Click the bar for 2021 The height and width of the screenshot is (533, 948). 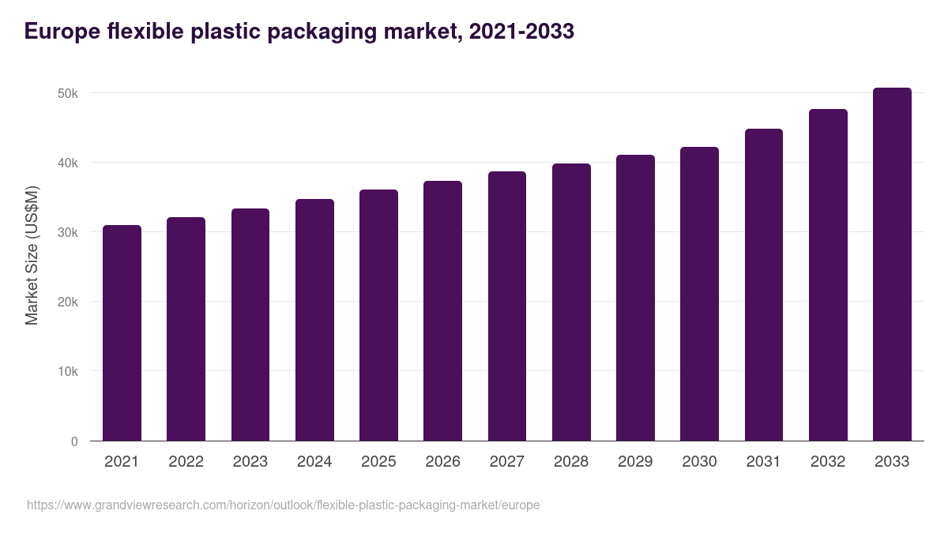tap(122, 333)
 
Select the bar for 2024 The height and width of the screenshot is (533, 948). tap(314, 320)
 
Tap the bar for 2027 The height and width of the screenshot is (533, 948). tap(507, 306)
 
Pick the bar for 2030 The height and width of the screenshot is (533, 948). tap(699, 294)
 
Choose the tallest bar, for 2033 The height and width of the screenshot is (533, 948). tap(892, 265)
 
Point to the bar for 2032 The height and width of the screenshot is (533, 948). tap(828, 275)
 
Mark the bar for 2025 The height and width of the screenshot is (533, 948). tap(378, 315)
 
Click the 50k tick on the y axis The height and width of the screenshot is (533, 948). tap(67, 93)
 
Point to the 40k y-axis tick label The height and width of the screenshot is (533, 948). tap(67, 163)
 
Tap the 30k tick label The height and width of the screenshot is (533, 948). tap(67, 232)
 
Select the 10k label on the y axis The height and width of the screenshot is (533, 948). tap(67, 371)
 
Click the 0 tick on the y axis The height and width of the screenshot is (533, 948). tap(74, 441)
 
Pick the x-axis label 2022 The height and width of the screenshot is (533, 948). tap(186, 462)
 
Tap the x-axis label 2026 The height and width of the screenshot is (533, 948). tap(442, 462)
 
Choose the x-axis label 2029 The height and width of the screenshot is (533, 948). tap(635, 462)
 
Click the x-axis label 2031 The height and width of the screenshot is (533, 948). tap(763, 462)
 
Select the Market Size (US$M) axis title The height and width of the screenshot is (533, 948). tap(32, 255)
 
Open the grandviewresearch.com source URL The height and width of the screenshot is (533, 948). tap(283, 505)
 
